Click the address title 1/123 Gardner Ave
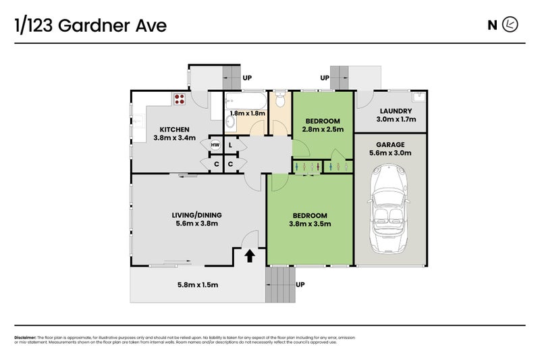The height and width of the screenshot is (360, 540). [90, 26]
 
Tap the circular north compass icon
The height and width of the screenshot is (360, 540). [512, 26]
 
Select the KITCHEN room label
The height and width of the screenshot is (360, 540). [174, 130]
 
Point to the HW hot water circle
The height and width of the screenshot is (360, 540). [215, 145]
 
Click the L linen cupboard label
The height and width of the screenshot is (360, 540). [231, 145]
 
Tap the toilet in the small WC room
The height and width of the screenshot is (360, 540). [281, 101]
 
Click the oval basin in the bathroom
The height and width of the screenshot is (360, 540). [230, 122]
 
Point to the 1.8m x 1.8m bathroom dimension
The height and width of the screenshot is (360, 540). [248, 113]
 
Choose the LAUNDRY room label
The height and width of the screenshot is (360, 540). [396, 111]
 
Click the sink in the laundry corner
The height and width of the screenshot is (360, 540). [419, 97]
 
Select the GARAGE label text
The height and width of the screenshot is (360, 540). [391, 144]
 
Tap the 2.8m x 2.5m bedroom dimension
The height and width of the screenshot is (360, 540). [323, 129]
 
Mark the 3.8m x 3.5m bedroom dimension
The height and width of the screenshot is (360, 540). [310, 224]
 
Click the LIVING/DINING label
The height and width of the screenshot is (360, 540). [198, 215]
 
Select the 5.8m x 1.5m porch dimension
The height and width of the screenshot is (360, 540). [196, 284]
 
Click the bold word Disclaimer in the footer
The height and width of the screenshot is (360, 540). [25, 337]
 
